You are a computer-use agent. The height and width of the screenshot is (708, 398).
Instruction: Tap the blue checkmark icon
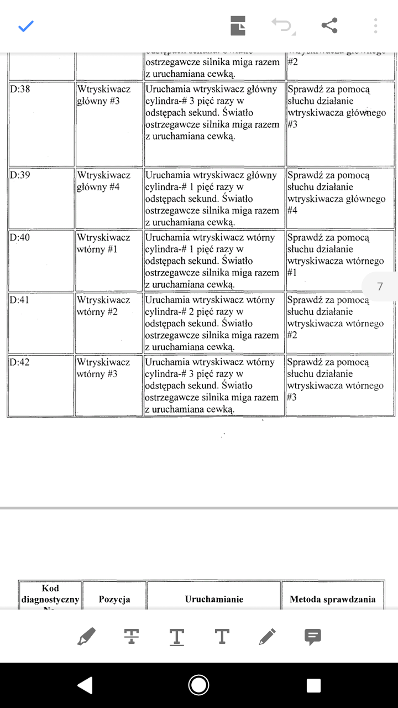26,25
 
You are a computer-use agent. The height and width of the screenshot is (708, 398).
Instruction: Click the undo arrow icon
282,25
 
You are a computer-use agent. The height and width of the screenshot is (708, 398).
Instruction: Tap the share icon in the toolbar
329,25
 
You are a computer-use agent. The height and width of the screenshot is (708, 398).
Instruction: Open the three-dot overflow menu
375,25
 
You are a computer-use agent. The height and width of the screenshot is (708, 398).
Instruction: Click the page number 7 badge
380,287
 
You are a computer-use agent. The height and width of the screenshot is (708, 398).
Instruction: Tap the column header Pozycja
114,599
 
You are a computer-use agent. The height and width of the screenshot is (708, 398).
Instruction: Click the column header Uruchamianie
214,599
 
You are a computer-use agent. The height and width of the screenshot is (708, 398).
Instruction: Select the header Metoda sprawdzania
333,599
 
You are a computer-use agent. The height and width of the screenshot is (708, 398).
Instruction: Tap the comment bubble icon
313,637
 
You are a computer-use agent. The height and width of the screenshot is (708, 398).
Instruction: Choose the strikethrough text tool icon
132,637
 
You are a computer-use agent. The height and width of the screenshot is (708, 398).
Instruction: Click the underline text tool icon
176,637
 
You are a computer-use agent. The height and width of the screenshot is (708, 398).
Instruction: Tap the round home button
198,685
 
